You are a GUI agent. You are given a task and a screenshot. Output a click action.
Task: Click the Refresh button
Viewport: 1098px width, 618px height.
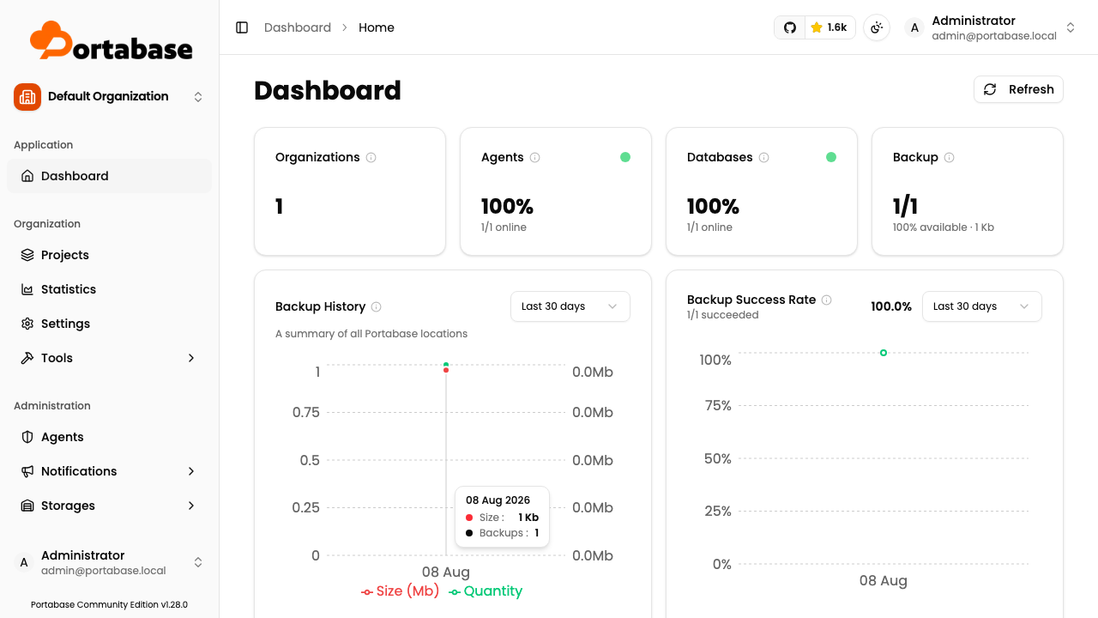[x=1018, y=89]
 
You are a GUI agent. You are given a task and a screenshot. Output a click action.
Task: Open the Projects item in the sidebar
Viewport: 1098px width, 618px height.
[x=64, y=255]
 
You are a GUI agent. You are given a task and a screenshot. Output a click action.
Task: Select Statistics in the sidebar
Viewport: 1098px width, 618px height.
[x=68, y=289]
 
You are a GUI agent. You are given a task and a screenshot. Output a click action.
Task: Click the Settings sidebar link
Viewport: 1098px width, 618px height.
[x=65, y=324]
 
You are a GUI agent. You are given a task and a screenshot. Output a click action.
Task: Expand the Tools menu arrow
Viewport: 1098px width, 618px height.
[x=191, y=358]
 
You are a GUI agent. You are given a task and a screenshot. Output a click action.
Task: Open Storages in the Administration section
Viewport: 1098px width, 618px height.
[x=68, y=506]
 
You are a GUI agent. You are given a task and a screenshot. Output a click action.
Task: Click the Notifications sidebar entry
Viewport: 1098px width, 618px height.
[x=78, y=471]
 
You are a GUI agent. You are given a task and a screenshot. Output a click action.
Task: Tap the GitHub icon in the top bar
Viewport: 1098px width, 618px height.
[x=790, y=27]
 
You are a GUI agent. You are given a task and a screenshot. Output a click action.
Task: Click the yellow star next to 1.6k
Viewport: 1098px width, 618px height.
[x=816, y=27]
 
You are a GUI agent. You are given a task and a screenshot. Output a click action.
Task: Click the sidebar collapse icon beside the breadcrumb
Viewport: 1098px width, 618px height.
[x=242, y=27]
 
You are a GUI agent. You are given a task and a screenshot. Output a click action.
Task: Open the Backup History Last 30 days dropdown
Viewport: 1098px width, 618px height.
[x=570, y=306]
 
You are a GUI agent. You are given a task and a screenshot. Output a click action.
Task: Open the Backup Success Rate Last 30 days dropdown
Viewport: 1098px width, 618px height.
[x=982, y=306]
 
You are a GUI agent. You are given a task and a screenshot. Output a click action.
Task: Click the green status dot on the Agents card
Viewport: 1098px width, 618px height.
[x=625, y=157]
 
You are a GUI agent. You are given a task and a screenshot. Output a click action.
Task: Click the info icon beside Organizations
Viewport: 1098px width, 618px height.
[x=371, y=157]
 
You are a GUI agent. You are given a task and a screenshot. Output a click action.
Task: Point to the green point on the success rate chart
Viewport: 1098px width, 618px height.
[x=884, y=353]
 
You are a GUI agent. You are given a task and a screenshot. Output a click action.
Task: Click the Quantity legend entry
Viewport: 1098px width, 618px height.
[x=486, y=591]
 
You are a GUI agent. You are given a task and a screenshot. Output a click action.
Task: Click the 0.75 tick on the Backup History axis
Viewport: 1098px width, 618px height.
[x=306, y=412]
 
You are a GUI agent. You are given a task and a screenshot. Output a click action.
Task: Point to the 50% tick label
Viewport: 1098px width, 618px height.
[x=718, y=458]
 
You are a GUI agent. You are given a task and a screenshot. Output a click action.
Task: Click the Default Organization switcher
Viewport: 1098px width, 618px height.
[x=108, y=97]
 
